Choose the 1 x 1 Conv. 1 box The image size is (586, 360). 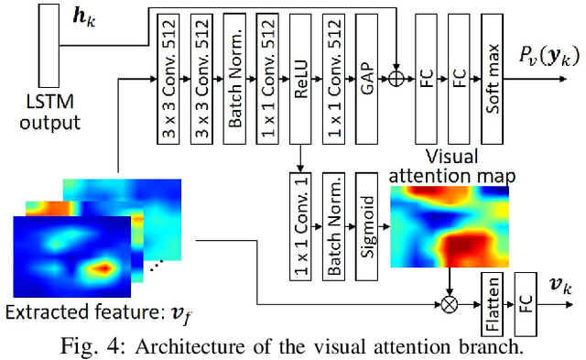(298, 226)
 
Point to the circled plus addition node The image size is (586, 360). (396, 79)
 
